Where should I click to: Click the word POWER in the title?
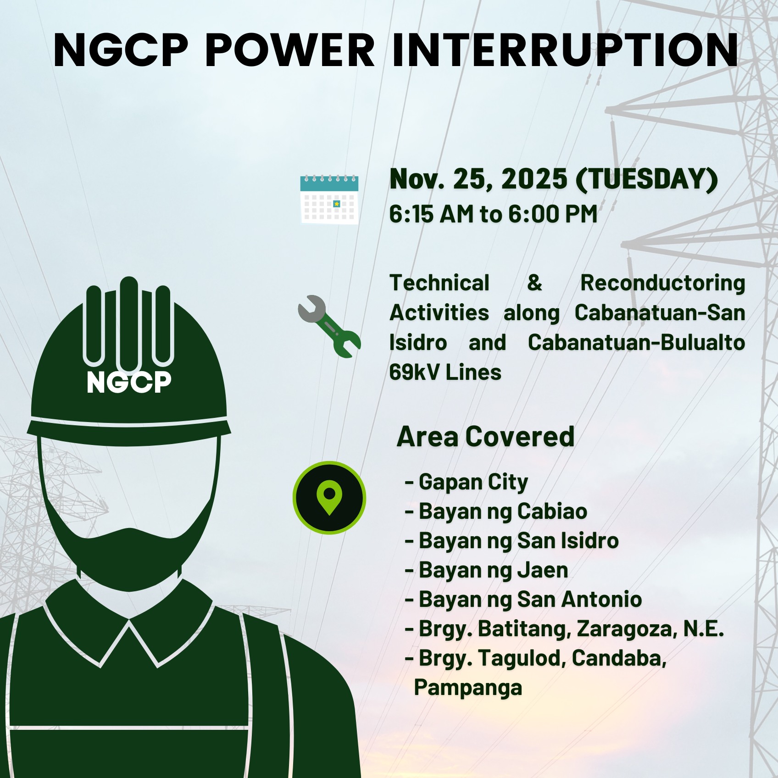pos(290,50)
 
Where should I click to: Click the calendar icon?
pos(329,199)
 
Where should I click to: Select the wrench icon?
pos(329,326)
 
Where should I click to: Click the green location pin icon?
pos(329,497)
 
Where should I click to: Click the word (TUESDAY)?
pos(647,178)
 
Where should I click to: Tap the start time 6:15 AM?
pos(431,214)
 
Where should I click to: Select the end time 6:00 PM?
pos(553,214)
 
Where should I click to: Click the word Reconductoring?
pos(662,283)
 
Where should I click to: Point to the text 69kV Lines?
pos(445,372)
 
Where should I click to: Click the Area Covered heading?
pos(485,436)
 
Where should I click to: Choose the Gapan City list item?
pos(472,482)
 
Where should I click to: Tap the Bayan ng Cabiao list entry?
pos(502,511)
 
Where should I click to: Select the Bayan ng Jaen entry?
pos(493,570)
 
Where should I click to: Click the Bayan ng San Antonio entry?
pos(530,600)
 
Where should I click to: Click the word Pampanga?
pos(468,688)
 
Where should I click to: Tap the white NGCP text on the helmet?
pos(129,382)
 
